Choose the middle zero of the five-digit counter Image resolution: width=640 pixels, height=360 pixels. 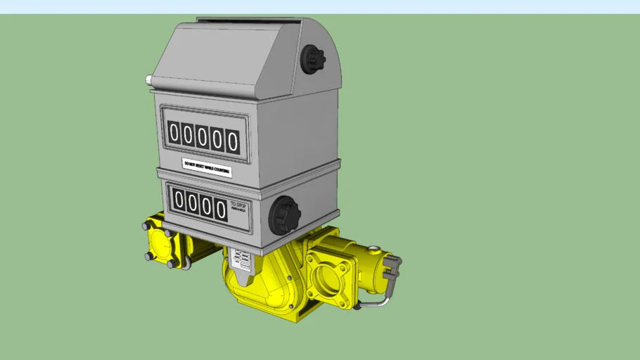point(203,137)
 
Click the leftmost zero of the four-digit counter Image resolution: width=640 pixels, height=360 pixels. point(179,201)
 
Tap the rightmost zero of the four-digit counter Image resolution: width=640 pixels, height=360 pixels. point(221,209)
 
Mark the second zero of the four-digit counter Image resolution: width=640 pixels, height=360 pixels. point(193,204)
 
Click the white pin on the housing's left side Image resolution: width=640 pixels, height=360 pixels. point(148,79)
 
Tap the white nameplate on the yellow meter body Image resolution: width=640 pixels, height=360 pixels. point(241,260)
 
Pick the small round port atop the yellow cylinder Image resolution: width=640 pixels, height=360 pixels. point(373,248)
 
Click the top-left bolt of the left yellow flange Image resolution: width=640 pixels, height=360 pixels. point(146,226)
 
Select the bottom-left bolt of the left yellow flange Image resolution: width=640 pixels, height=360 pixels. point(148,257)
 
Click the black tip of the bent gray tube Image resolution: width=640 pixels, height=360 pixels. point(357,306)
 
